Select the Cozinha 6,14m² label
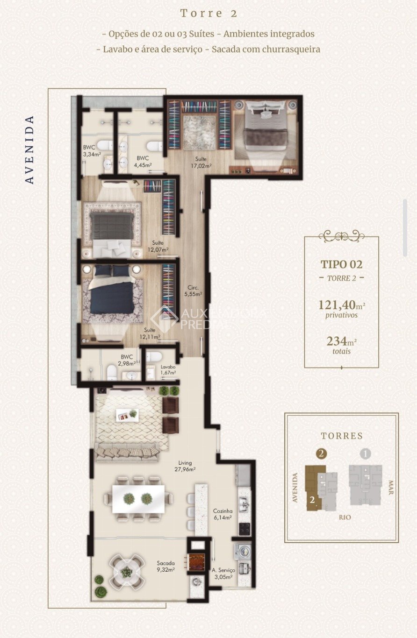click(223, 514)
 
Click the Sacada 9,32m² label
click(165, 566)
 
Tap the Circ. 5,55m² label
click(193, 291)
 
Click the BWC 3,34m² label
click(92, 150)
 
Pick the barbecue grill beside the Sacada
click(196, 560)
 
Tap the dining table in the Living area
click(138, 498)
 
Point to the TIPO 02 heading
click(341, 264)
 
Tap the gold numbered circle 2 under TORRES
click(321, 453)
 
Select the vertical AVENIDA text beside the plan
click(29, 149)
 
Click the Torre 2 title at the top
click(209, 14)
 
